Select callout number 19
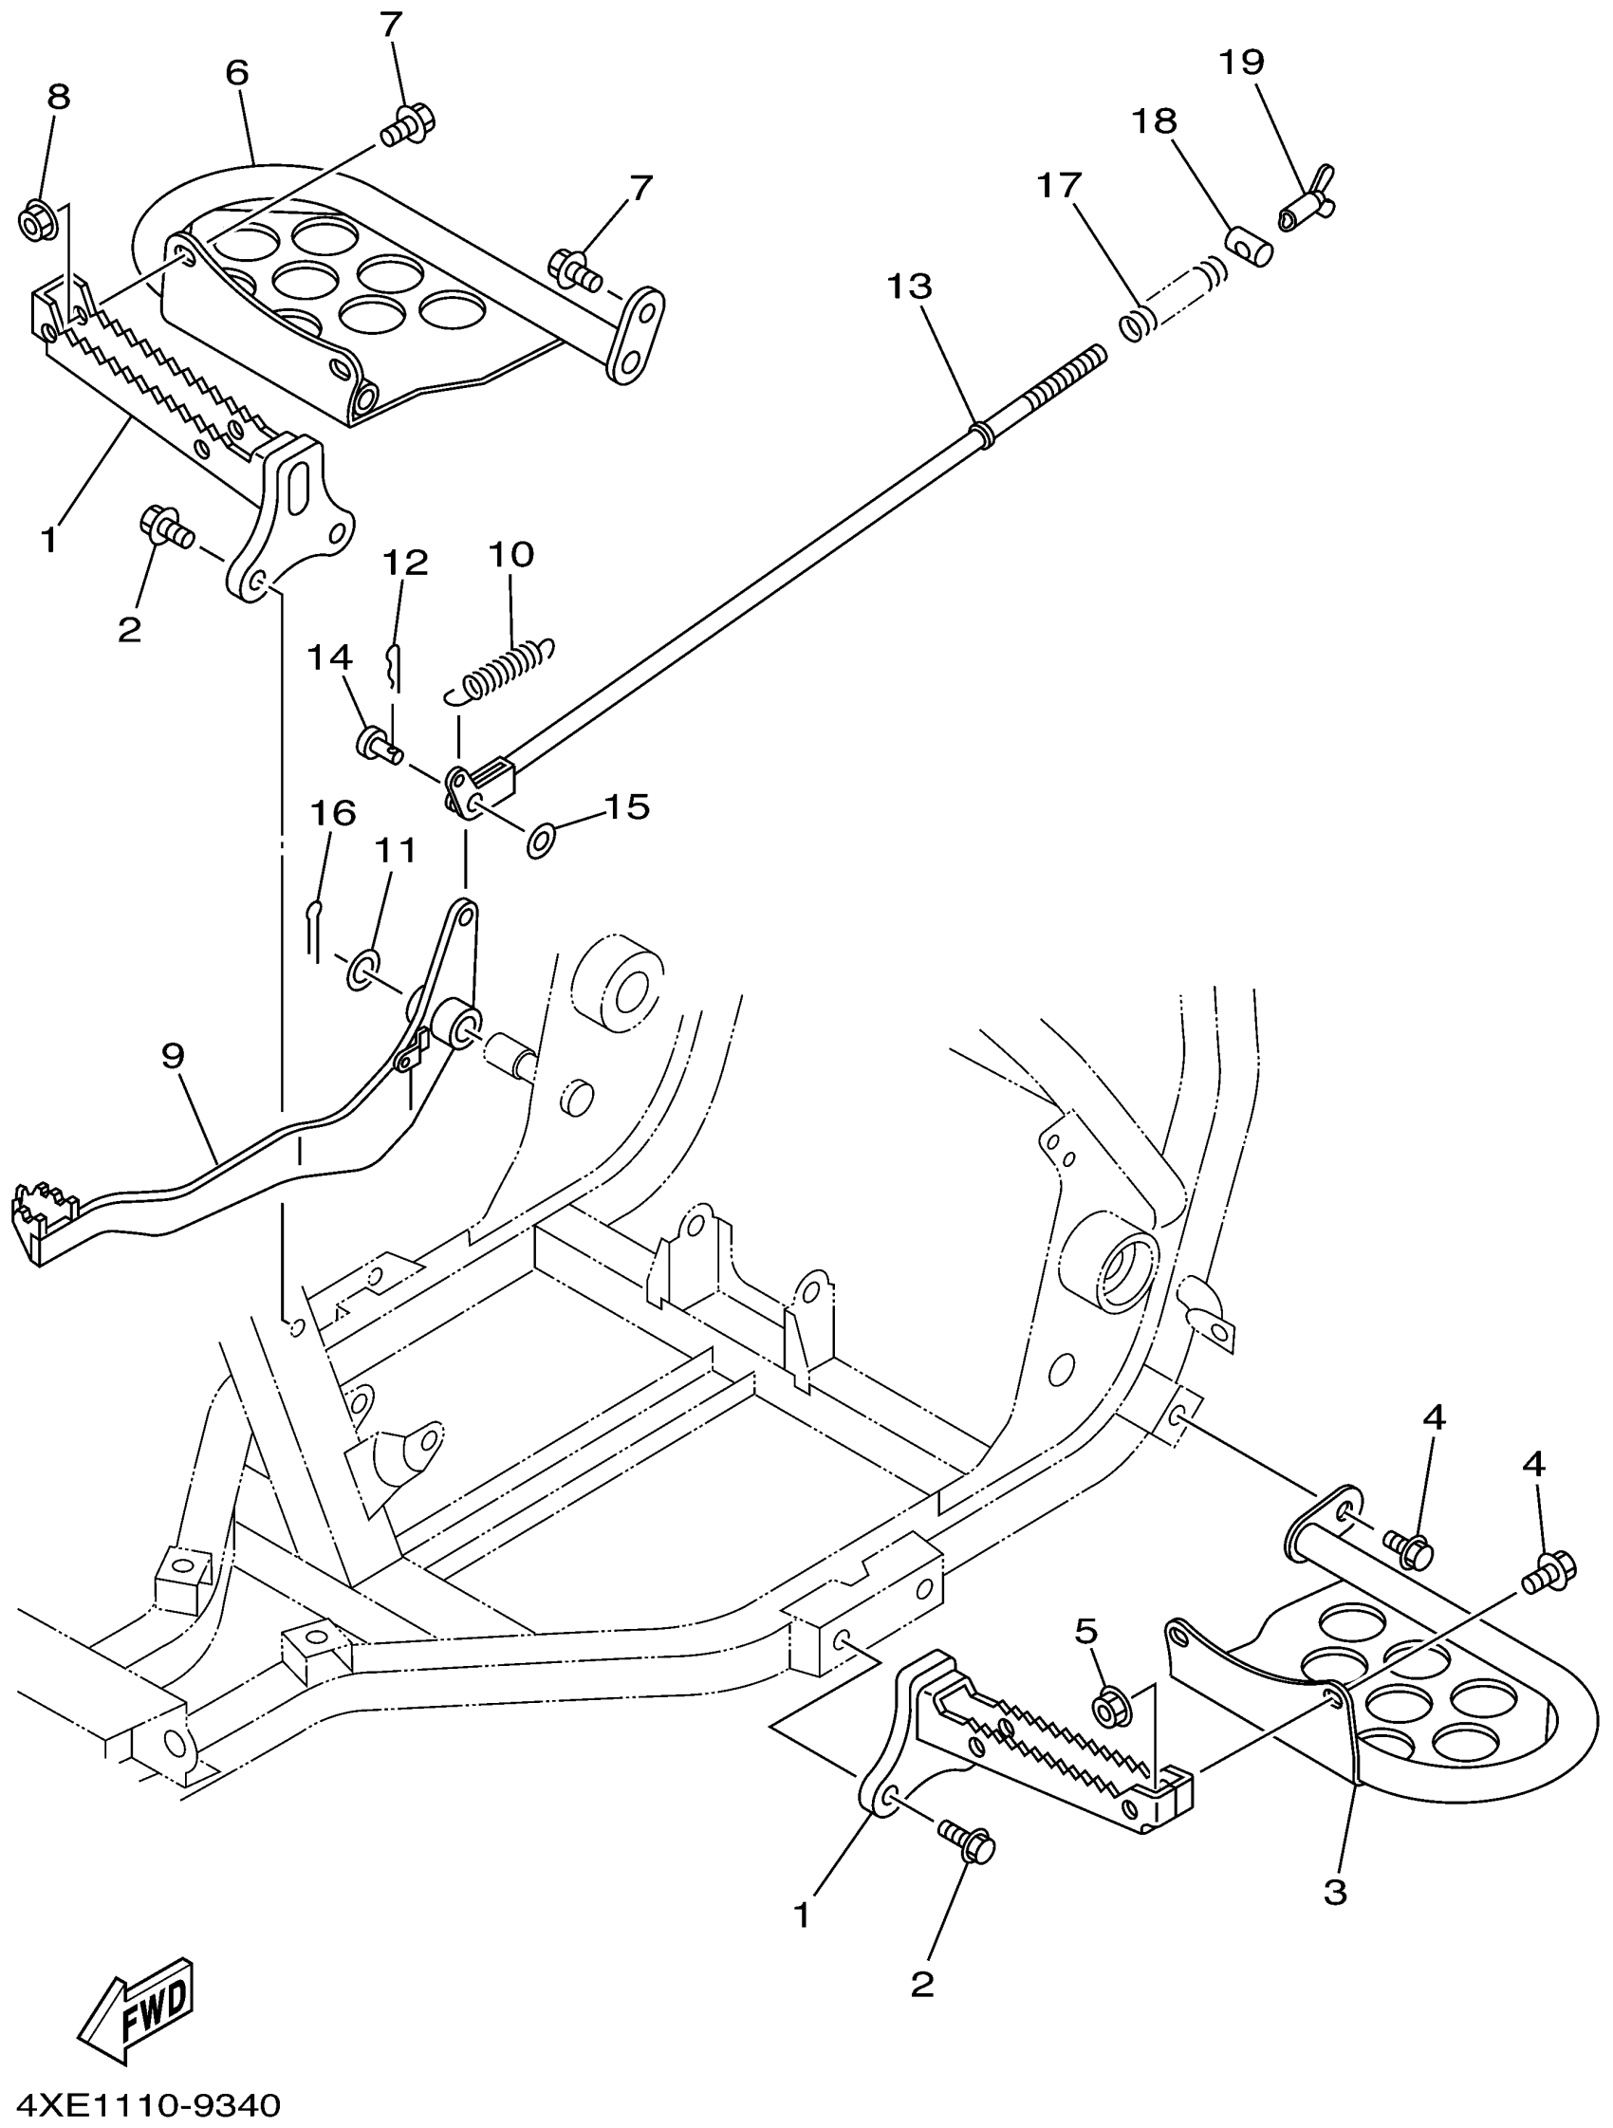coord(1241,63)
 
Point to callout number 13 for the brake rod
coord(909,286)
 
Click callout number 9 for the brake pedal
coord(172,1055)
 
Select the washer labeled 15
coord(541,840)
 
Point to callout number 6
coord(236,73)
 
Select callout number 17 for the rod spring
coord(1059,185)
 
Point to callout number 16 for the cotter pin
coord(333,813)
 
